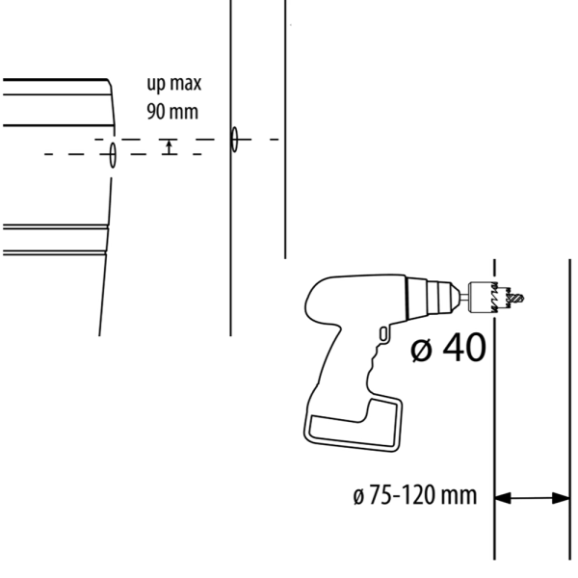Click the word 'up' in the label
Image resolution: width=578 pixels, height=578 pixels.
156,84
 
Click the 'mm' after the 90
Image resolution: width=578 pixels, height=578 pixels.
185,113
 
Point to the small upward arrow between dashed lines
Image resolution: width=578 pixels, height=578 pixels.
169,146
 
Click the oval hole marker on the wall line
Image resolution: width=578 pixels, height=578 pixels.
234,139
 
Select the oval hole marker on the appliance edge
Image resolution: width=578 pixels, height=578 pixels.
113,154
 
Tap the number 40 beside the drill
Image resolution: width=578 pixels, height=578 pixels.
464,347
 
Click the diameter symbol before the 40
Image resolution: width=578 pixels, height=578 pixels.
421,350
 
